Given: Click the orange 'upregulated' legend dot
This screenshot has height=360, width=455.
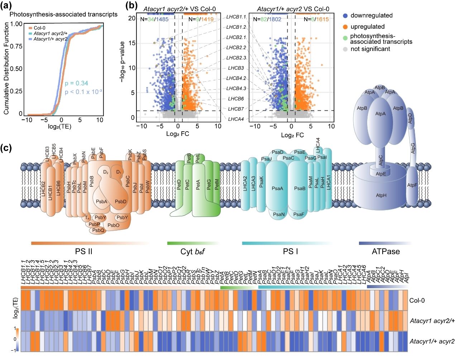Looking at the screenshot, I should click(x=345, y=27).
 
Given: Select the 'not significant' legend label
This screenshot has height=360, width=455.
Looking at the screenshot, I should click(x=370, y=49).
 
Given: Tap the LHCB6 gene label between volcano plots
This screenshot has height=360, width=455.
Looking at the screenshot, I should click(x=236, y=99).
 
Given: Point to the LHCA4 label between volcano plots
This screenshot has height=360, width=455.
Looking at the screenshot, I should click(x=236, y=119).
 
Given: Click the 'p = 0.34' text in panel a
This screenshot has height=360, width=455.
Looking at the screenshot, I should click(x=76, y=83).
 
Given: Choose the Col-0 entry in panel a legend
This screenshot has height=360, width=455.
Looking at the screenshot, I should click(x=39, y=28).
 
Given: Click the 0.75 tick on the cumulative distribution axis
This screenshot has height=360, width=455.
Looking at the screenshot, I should click(x=16, y=46).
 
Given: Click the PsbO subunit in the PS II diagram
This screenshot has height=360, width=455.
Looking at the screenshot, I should click(x=113, y=225).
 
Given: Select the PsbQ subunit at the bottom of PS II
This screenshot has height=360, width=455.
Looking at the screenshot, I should click(x=98, y=231).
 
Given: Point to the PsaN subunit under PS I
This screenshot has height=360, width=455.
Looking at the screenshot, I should click(x=279, y=214).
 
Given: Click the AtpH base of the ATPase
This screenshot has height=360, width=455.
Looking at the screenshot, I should click(x=381, y=195).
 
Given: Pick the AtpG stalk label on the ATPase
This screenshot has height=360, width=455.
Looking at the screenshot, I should click(x=413, y=148).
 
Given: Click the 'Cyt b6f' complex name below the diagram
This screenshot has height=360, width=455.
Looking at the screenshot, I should click(x=192, y=251).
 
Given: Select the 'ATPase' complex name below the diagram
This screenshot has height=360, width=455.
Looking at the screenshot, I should click(x=385, y=251).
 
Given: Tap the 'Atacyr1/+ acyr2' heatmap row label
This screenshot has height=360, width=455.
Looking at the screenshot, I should click(x=432, y=341).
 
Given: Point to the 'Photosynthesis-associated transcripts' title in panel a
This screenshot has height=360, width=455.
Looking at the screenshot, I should click(x=63, y=14).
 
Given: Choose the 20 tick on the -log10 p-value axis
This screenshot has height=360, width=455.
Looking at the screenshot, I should click(x=132, y=18).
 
